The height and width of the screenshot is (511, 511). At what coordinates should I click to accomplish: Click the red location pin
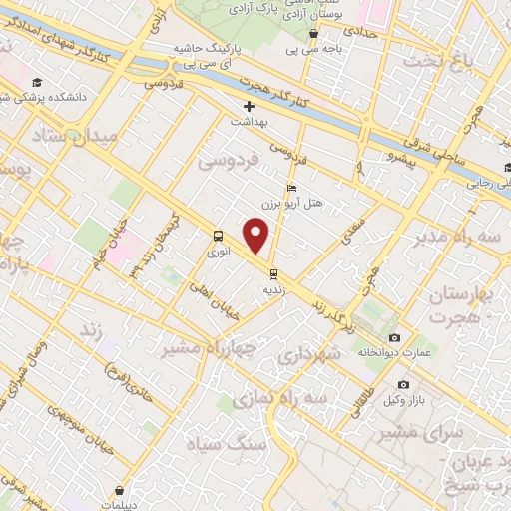(257, 237)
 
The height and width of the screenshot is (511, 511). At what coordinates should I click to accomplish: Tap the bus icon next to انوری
(218, 237)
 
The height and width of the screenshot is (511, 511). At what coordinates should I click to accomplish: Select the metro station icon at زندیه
(272, 273)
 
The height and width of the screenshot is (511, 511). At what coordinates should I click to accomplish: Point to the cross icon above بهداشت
(250, 106)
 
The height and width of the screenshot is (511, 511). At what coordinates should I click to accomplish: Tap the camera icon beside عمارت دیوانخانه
(394, 338)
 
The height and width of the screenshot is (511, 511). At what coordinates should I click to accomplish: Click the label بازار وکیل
(401, 401)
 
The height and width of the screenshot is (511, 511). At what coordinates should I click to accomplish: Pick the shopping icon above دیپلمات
(120, 490)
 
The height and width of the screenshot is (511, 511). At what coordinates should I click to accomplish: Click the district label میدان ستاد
(78, 136)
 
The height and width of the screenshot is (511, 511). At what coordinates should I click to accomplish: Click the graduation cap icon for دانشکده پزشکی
(37, 82)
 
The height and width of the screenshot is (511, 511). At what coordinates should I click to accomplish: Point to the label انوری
(218, 254)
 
